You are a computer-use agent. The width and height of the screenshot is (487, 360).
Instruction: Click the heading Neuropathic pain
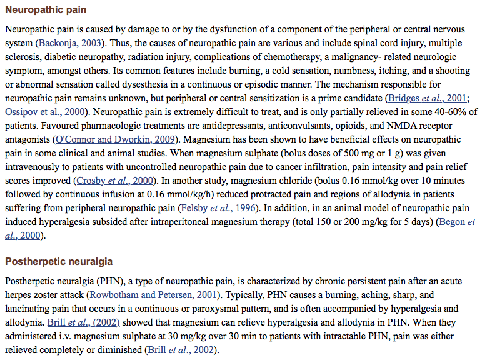46,11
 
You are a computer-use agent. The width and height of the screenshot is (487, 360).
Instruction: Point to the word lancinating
29,308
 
